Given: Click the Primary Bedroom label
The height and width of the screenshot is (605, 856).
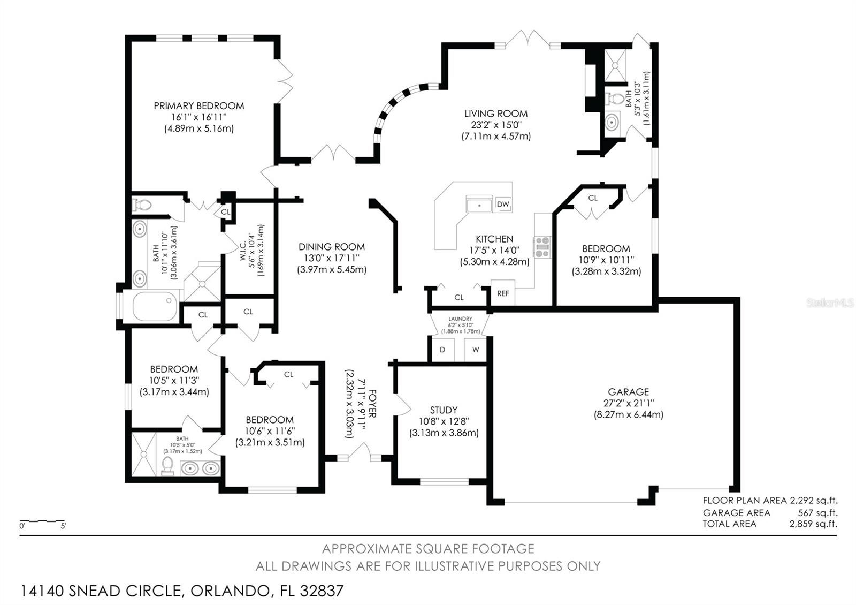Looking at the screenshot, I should [x=198, y=106].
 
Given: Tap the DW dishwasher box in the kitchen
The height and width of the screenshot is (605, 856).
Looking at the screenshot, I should [x=502, y=204].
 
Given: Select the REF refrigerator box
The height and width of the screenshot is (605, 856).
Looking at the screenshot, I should [x=502, y=293].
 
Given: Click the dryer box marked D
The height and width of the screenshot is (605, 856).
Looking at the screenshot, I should [x=442, y=350].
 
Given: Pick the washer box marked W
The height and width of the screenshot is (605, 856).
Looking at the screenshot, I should [x=475, y=350].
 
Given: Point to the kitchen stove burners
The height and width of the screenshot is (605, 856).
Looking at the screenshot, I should [x=542, y=247].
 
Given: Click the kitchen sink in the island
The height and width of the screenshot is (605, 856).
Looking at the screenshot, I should [x=479, y=205].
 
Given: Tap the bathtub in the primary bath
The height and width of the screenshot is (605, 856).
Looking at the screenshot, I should [x=155, y=306].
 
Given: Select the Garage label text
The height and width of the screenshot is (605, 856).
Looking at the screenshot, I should [x=628, y=392].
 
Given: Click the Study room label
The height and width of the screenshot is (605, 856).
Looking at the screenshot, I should [x=444, y=410].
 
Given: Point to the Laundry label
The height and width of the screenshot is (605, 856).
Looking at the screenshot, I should [x=460, y=319].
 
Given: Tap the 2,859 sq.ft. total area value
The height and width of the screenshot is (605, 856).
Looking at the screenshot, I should [x=813, y=524].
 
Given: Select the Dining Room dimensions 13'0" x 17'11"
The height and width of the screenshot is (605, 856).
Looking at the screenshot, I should [x=331, y=258].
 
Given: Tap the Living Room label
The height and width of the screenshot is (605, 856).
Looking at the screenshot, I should [x=495, y=114].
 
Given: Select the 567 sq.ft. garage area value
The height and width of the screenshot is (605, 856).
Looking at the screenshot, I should [x=817, y=512].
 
